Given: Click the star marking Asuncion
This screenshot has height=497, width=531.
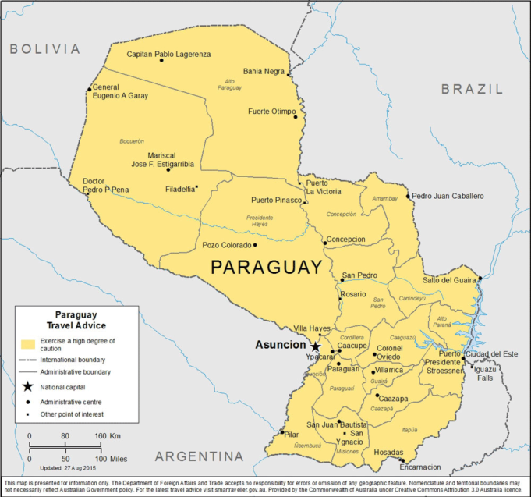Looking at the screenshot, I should tap(315, 346).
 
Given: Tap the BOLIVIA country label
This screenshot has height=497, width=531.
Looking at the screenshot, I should tap(44, 48).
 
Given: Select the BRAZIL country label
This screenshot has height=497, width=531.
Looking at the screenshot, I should tap(472, 89).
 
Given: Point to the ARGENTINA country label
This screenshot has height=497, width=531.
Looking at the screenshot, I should tap(199, 456).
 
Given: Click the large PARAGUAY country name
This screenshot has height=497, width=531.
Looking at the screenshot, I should tap(266, 268).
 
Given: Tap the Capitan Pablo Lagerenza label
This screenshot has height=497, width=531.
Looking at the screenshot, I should tap(168, 54).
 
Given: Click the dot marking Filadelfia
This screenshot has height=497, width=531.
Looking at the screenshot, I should tap(196, 186).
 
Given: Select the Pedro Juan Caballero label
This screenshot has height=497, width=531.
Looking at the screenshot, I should tap(448, 196).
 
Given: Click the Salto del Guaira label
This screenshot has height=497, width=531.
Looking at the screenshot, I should tap(448, 279).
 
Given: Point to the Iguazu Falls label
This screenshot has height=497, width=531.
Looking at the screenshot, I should tap(485, 373).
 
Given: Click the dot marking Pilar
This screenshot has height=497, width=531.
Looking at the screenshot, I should tap(282, 432).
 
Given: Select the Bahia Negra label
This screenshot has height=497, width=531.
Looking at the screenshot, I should tap(264, 71).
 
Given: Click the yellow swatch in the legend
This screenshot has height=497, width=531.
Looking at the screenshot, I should tap(30, 343).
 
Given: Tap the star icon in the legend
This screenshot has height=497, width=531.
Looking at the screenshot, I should tap(28, 386).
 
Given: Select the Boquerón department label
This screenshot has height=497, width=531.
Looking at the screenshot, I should tap(132, 141).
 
